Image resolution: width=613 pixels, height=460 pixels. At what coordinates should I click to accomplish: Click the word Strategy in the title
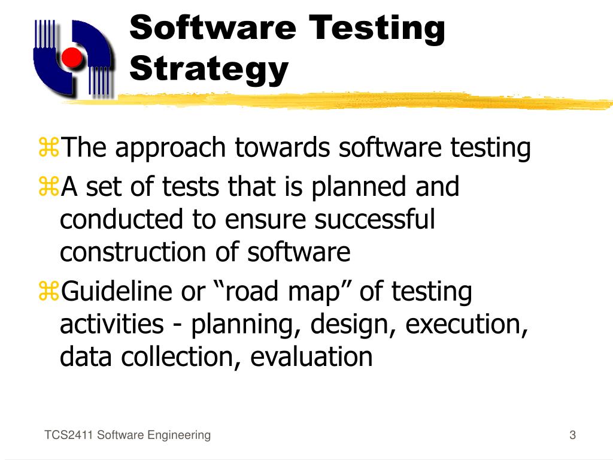click(x=209, y=69)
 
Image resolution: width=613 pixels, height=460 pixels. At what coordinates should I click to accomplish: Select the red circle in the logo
click(x=72, y=57)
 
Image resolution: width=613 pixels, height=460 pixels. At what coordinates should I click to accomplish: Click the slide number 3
click(x=572, y=435)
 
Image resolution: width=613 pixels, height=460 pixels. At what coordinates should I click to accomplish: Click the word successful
click(x=374, y=220)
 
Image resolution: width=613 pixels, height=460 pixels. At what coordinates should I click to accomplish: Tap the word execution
click(x=465, y=325)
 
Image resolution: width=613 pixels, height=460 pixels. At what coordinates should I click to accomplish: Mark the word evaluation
click(x=311, y=357)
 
